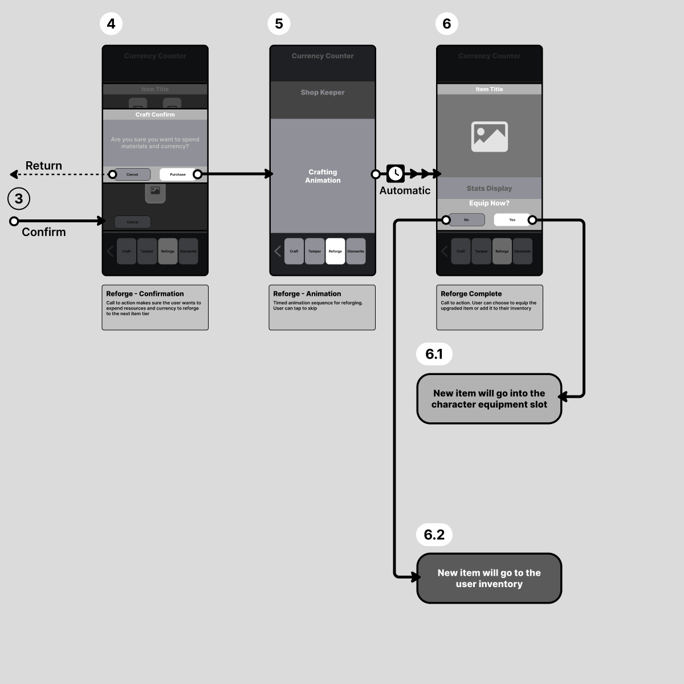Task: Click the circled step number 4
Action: pyautogui.click(x=111, y=24)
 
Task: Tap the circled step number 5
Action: pyautogui.click(x=279, y=24)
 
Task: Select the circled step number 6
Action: pyautogui.click(x=446, y=24)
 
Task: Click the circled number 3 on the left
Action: pyautogui.click(x=19, y=199)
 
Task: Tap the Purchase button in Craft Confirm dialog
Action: pyautogui.click(x=178, y=174)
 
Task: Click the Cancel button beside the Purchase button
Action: pyautogui.click(x=132, y=174)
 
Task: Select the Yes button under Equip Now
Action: pyautogui.click(x=512, y=220)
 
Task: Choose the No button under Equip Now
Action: pyautogui.click(x=466, y=220)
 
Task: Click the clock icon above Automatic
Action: pyautogui.click(x=396, y=173)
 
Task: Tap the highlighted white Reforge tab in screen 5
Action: pyautogui.click(x=335, y=251)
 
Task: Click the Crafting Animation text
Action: pyautogui.click(x=323, y=176)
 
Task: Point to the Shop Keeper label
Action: pyautogui.click(x=323, y=92)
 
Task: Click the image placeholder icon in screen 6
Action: pyautogui.click(x=489, y=137)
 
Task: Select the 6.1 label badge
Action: pyautogui.click(x=434, y=354)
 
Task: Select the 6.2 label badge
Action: pyautogui.click(x=434, y=535)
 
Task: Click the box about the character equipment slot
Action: pyautogui.click(x=489, y=399)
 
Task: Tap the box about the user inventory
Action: pyautogui.click(x=489, y=579)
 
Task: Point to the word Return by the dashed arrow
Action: pyautogui.click(x=44, y=166)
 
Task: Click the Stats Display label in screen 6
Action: pyautogui.click(x=489, y=189)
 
